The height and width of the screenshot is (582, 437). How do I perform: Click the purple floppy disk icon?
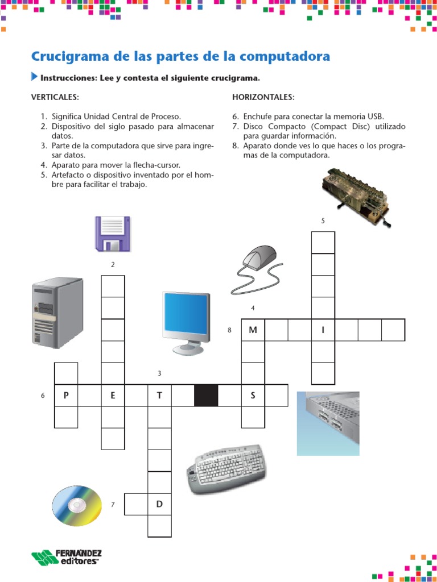pos(113,234)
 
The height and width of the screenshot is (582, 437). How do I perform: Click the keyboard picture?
pos(226,469)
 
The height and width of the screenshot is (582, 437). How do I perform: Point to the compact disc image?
pos(77,506)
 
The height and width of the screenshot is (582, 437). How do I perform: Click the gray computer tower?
pos(57,313)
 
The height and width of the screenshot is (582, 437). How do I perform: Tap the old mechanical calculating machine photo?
pos(356,197)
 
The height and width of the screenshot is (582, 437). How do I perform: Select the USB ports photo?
pos(328,423)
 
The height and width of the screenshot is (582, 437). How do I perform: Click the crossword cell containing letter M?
pos(253,330)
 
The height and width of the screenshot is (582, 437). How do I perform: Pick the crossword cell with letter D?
pos(159,504)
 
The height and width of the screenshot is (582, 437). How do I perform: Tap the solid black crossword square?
pos(206,396)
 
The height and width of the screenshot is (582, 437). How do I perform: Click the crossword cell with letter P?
pos(66,396)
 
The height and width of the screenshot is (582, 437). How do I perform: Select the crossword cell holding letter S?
pos(253,396)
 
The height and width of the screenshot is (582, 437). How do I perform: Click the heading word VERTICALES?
pos(55,97)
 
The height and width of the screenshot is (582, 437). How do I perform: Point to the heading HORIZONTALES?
pos(263,97)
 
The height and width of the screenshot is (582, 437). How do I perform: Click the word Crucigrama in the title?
pos(71,57)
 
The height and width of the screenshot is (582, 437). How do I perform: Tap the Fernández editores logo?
pos(67,558)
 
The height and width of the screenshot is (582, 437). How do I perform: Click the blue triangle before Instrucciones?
pos(34,77)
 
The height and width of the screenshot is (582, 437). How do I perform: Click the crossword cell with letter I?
pos(323,330)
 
